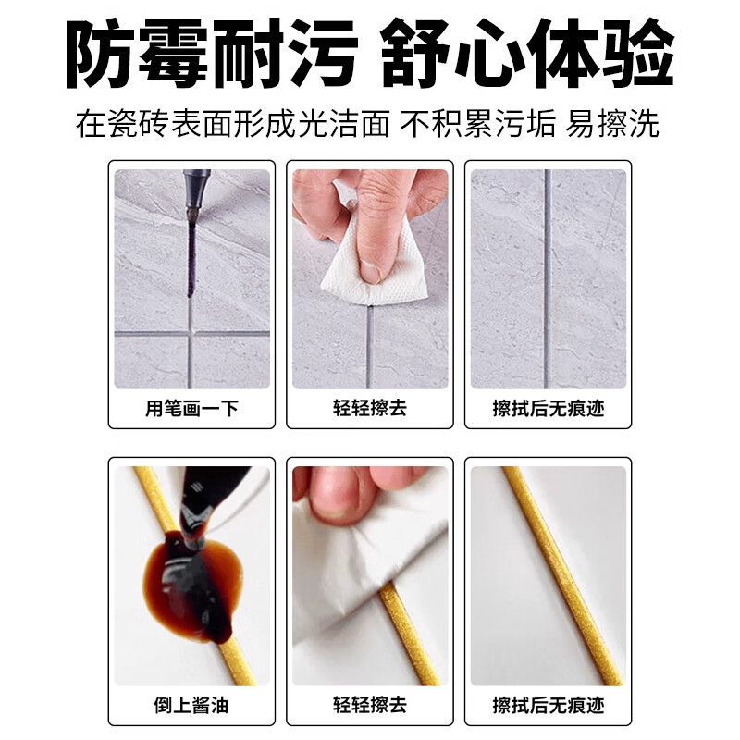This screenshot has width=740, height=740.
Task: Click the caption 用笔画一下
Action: (192, 408)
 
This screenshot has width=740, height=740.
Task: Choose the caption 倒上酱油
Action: (192, 707)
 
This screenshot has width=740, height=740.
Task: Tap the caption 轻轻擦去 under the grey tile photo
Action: (370, 408)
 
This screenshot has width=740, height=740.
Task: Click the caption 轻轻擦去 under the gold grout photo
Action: (370, 707)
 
